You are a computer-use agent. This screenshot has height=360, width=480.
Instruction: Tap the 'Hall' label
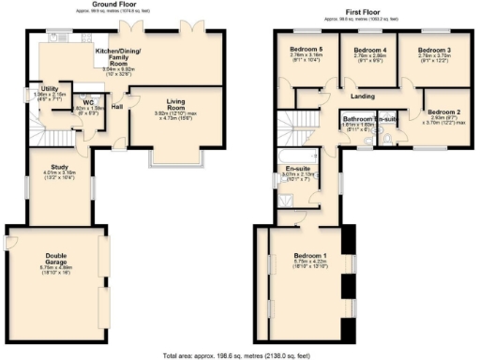[117, 106]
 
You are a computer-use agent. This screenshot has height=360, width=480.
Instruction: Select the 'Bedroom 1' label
[310, 256]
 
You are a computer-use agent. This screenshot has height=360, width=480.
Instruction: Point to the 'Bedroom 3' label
[434, 50]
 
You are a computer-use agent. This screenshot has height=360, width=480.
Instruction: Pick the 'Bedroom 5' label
[307, 50]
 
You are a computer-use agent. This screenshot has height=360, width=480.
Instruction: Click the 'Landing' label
[363, 96]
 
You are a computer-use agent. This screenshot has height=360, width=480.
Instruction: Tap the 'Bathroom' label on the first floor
[357, 119]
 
